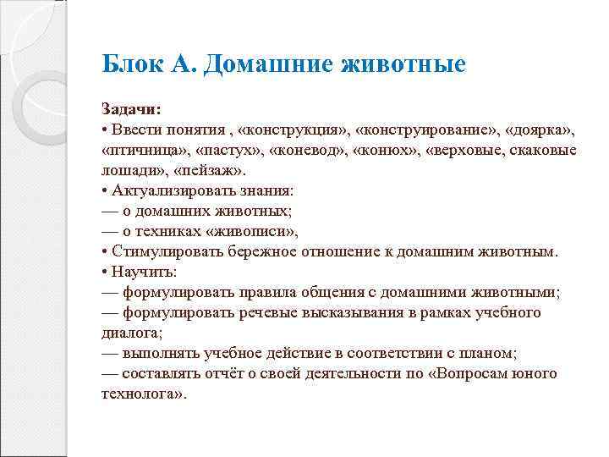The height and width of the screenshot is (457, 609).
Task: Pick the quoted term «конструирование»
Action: click(426, 131)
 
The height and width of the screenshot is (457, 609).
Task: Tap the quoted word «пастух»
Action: click(227, 150)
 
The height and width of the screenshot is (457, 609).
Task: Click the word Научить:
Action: click(140, 272)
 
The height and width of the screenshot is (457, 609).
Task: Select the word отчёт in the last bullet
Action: click(233, 373)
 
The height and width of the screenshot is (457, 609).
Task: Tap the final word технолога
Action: click(142, 394)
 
